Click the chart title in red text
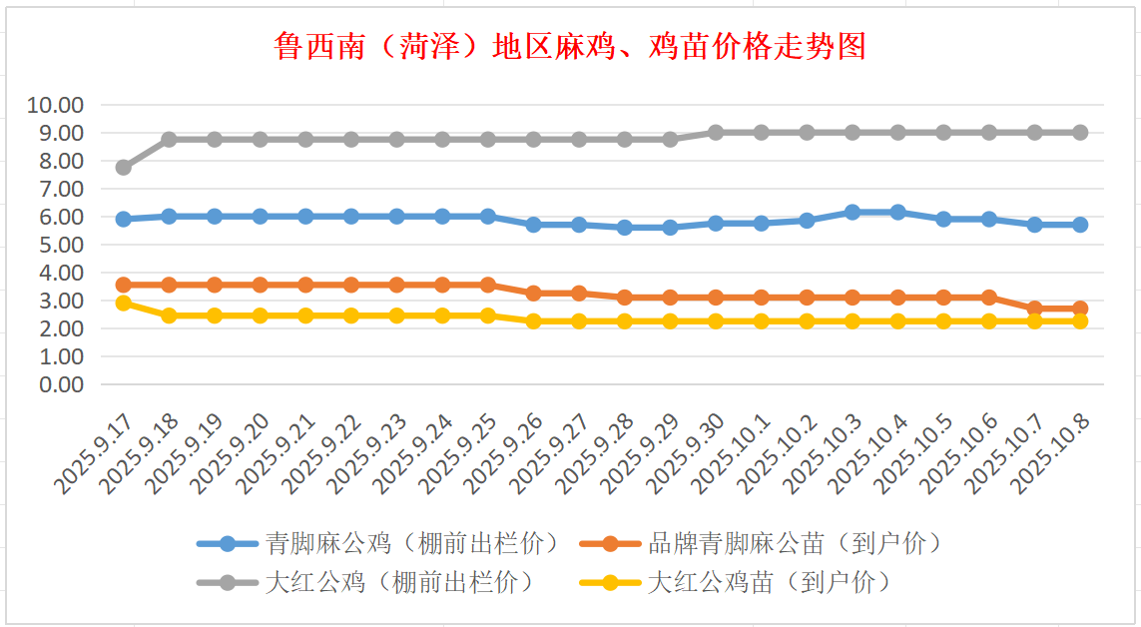[570, 46]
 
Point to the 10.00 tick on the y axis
[56, 105]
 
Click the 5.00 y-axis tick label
[56, 245]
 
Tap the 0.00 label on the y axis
[56, 384]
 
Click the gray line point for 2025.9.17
[124, 167]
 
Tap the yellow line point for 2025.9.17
[124, 303]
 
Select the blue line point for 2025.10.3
[853, 212]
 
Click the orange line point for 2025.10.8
[1080, 309]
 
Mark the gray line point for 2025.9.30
[716, 132]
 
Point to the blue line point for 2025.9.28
[625, 227]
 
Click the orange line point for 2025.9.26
[534, 294]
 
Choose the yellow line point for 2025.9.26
[534, 321]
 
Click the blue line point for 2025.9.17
[124, 219]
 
